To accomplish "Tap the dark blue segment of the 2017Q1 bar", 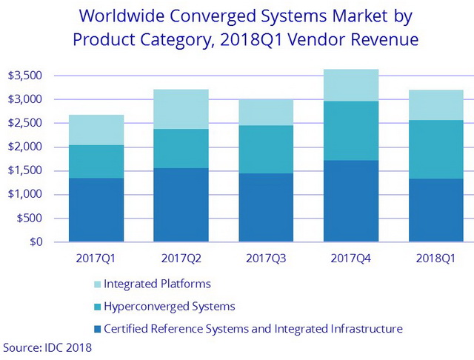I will pyautogui.click(x=96, y=210).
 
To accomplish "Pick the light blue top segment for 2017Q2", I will pyautogui.click(x=181, y=109).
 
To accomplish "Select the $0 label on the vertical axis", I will pyautogui.click(x=36, y=242).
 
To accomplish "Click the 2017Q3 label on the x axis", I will pyautogui.click(x=265, y=258).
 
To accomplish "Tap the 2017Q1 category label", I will pyautogui.click(x=96, y=258).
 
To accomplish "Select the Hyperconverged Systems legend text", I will pyautogui.click(x=170, y=306).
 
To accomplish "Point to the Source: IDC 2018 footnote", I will pyautogui.click(x=48, y=347).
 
